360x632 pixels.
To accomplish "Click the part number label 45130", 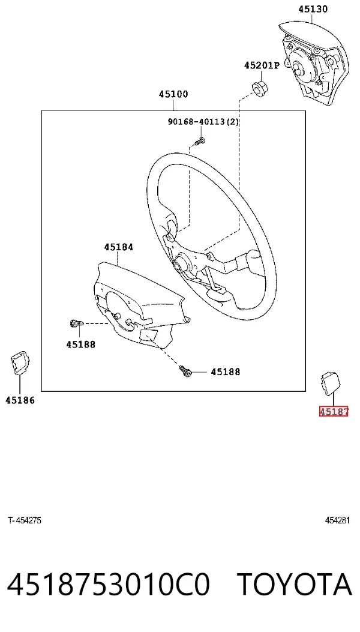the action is (313, 9).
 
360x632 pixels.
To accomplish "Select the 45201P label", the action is (261, 65).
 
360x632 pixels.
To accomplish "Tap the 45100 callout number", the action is (173, 94).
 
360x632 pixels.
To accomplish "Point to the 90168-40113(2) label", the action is (203, 121).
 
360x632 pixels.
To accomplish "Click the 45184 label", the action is (119, 247).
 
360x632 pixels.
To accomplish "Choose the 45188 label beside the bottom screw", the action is (226, 372).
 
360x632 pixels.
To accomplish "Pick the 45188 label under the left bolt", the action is (81, 345).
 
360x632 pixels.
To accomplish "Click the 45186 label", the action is (20, 400).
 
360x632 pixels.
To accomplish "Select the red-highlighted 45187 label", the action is (334, 412).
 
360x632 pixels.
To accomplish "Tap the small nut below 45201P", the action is (259, 88).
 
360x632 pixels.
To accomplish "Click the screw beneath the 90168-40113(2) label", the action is (199, 141).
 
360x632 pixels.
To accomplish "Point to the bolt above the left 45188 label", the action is (76, 324).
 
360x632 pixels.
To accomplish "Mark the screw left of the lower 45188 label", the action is (185, 371).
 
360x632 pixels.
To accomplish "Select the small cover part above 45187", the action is (331, 382).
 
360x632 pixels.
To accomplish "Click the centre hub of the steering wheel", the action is (179, 265).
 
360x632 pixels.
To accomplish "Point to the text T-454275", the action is (24, 520).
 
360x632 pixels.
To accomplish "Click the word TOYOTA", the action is (294, 585).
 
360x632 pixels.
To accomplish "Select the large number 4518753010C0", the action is (109, 585).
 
